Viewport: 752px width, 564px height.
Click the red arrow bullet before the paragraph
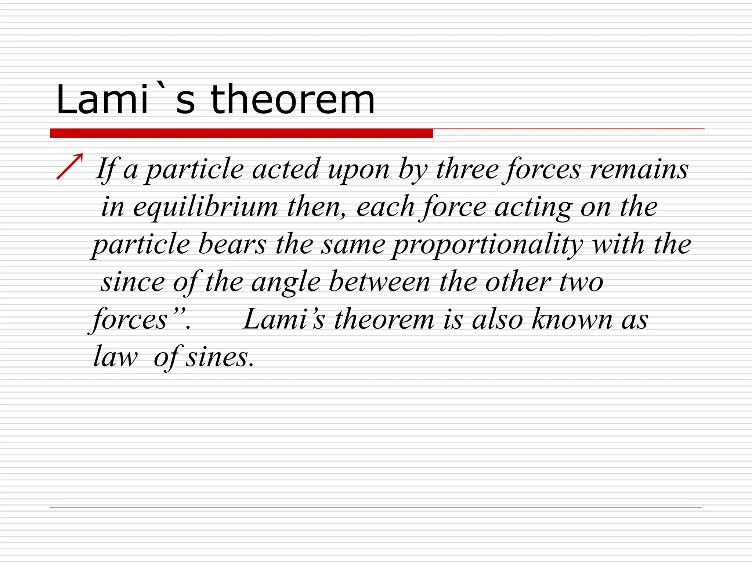(x=70, y=166)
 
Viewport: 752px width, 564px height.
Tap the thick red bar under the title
(x=241, y=133)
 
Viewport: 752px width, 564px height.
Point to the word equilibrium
(x=205, y=207)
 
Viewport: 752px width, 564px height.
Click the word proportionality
(x=487, y=245)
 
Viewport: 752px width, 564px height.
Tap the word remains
(x=639, y=169)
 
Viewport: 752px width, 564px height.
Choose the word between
(x=379, y=282)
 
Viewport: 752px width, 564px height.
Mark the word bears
(x=232, y=244)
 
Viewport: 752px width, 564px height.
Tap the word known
(x=572, y=319)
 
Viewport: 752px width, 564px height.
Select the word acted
(x=286, y=169)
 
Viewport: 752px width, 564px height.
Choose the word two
(x=581, y=282)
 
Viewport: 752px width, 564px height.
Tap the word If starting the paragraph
(x=106, y=169)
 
